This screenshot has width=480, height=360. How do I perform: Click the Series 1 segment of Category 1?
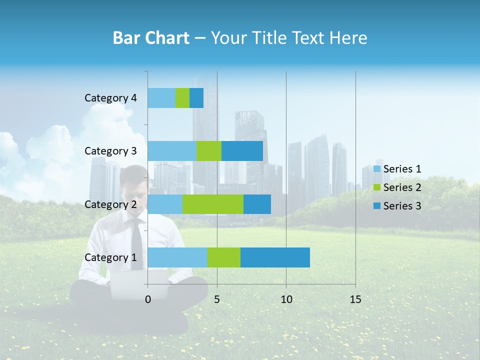pos(177,257)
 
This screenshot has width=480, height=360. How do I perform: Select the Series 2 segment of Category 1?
pos(223,257)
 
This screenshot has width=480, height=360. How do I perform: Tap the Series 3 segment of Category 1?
pos(275,257)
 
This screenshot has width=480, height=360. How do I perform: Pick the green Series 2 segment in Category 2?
pos(212,204)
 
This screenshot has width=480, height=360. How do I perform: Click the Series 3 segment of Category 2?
pos(257,204)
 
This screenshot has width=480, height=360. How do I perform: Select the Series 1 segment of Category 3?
pos(171,151)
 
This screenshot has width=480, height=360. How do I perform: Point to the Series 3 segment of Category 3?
pos(242,151)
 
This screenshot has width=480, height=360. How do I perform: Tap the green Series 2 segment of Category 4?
pos(182,98)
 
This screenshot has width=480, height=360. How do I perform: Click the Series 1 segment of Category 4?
pos(161,98)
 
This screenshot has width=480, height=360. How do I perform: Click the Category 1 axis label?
pos(110,257)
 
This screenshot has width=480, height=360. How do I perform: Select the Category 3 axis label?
pos(110,151)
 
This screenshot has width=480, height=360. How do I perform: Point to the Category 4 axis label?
pos(110,98)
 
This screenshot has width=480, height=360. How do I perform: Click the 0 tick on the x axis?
pos(148,299)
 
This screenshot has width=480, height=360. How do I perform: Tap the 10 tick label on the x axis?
pos(286,299)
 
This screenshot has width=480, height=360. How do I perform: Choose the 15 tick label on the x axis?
pos(355,299)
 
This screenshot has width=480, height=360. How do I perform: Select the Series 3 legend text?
pos(402,206)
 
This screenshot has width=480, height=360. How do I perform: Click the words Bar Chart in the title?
pos(150,38)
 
